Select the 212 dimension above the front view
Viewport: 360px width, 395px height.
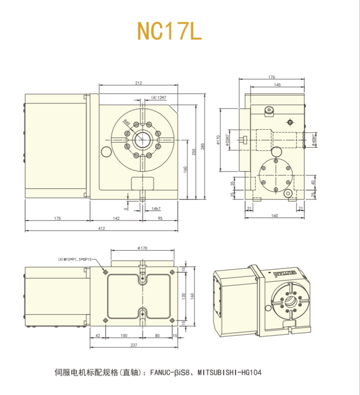coord(139,83)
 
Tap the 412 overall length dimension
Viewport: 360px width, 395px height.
coord(101,228)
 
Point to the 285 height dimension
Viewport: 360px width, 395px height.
coord(203,145)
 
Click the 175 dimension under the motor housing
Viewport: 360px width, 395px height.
coord(57,218)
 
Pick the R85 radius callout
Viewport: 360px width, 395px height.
coord(127,123)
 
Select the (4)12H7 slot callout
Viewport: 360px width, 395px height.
coord(158,98)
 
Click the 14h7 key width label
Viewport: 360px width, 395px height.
coord(156,209)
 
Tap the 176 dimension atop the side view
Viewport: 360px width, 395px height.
coord(272,77)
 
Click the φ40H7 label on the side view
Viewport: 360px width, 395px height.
coord(313,139)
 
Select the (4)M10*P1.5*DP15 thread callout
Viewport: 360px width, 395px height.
coord(75,259)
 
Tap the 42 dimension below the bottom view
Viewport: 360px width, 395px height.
coord(97,335)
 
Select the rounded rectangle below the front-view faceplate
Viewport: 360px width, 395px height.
coord(143,183)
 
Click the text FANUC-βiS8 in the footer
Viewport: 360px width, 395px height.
coord(171,372)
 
